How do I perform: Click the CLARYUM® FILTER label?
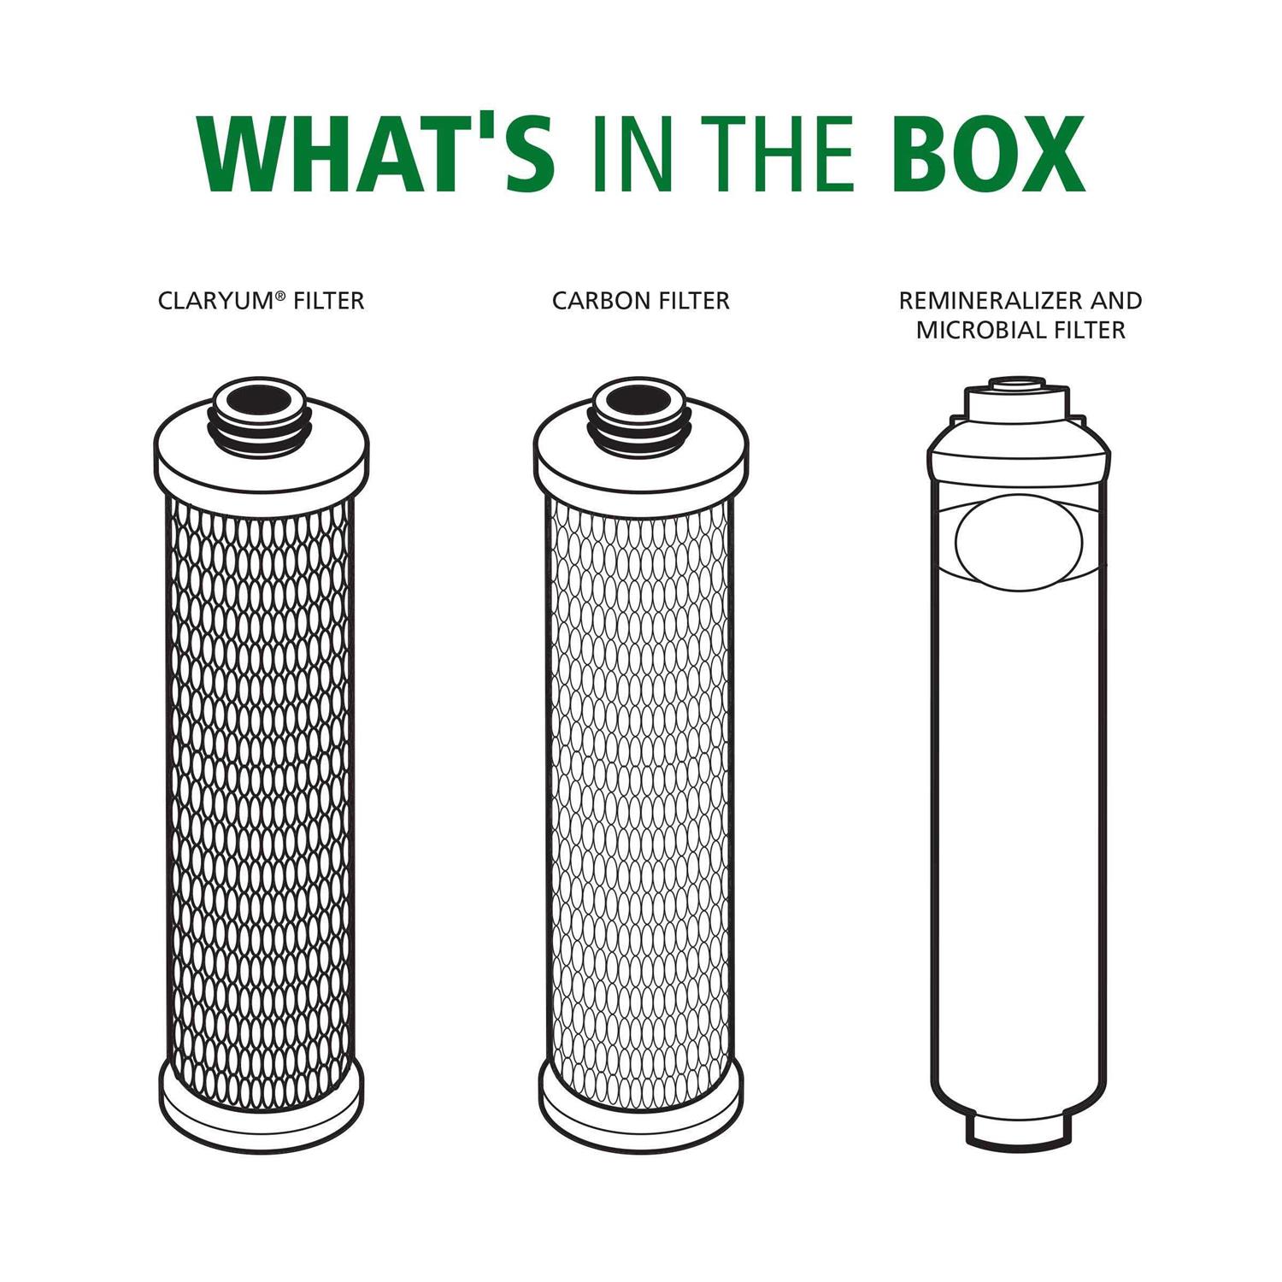(261, 301)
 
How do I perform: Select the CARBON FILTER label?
(640, 301)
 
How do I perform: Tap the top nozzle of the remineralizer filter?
(1017, 384)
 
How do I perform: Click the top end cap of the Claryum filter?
(261, 466)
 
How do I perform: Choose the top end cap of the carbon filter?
(640, 466)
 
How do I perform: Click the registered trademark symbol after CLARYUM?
(280, 295)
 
